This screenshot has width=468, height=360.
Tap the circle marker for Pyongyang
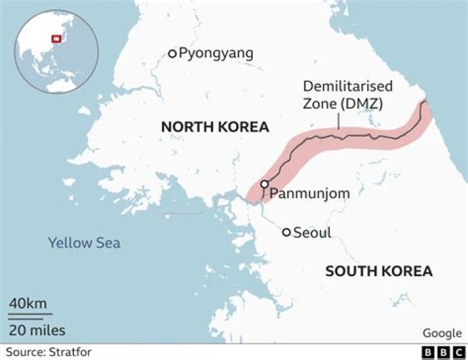(x=172, y=53)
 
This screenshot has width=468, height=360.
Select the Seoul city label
(x=313, y=232)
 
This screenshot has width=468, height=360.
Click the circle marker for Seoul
(x=286, y=232)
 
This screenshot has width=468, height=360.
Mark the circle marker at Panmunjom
(x=265, y=185)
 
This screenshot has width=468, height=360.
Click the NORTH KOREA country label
(x=215, y=127)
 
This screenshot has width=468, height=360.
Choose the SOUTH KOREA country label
(x=379, y=271)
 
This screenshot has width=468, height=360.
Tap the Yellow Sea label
(x=84, y=243)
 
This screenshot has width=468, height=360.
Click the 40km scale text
(x=27, y=303)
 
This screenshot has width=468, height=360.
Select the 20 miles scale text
(x=37, y=330)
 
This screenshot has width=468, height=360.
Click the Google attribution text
(x=442, y=333)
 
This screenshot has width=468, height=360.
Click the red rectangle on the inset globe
(x=56, y=40)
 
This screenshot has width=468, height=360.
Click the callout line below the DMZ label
(x=339, y=123)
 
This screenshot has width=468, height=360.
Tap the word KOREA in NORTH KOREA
(x=246, y=127)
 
